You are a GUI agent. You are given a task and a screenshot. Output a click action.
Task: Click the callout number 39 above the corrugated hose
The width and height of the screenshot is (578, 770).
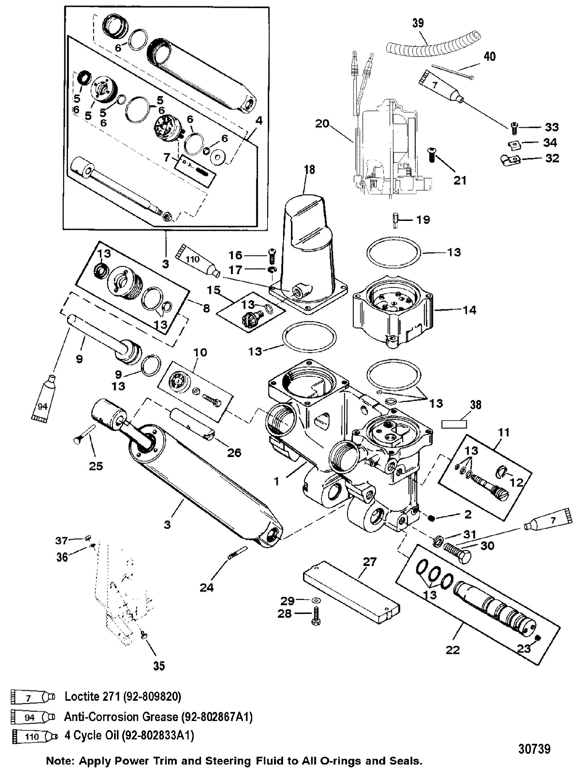pyautogui.click(x=418, y=23)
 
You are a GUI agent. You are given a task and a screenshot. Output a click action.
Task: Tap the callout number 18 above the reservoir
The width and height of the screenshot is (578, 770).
pyautogui.click(x=309, y=169)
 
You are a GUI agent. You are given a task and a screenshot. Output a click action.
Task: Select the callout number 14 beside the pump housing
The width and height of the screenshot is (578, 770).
pyautogui.click(x=470, y=310)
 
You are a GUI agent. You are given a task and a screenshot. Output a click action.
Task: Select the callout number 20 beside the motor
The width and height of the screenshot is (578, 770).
pyautogui.click(x=322, y=124)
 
